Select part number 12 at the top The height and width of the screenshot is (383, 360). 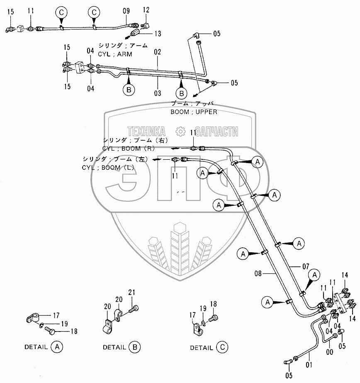tap(146, 10)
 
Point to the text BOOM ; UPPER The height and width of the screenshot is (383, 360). tap(194, 112)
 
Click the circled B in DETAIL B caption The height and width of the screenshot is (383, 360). tap(134, 347)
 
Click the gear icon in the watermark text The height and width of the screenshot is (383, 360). tap(180, 132)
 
